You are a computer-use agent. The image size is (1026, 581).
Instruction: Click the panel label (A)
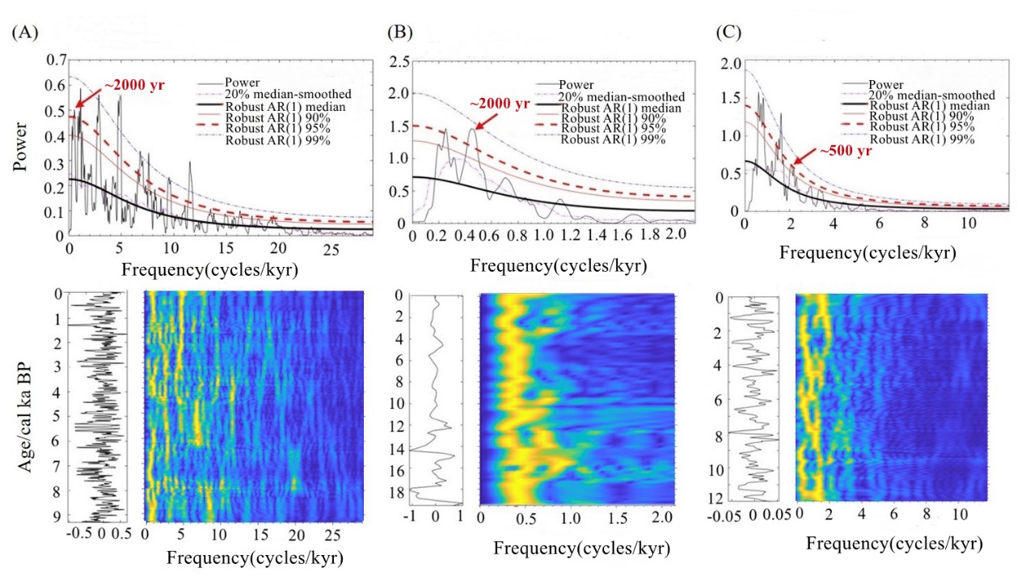[23, 33]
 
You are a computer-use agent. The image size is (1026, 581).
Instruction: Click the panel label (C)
[729, 33]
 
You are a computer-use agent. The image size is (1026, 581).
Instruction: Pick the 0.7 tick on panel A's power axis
[56, 60]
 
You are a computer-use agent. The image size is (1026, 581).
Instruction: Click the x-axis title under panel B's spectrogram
[581, 548]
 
